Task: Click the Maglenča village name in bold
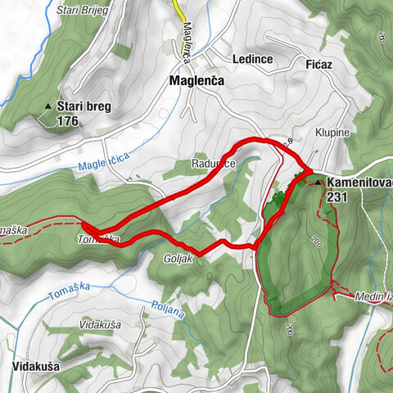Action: pos(197,82)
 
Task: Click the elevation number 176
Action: pos(70,120)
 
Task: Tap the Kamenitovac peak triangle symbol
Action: pos(318,183)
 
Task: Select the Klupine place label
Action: pos(332,132)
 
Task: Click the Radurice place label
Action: pos(215,164)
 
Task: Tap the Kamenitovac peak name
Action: pos(359,183)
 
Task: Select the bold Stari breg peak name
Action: pos(84,106)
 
